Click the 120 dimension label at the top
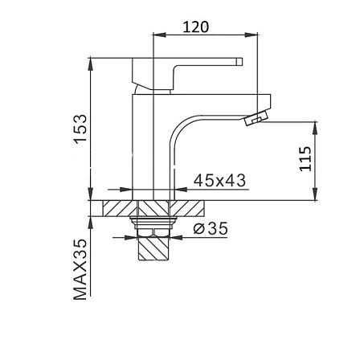click(195, 27)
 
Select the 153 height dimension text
click(81, 129)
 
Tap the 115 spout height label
click(305, 158)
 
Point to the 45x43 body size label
click(219, 180)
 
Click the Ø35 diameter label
click(211, 228)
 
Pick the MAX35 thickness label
click(80, 269)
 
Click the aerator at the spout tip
click(256, 117)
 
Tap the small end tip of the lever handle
click(239, 62)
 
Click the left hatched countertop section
click(120, 208)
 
